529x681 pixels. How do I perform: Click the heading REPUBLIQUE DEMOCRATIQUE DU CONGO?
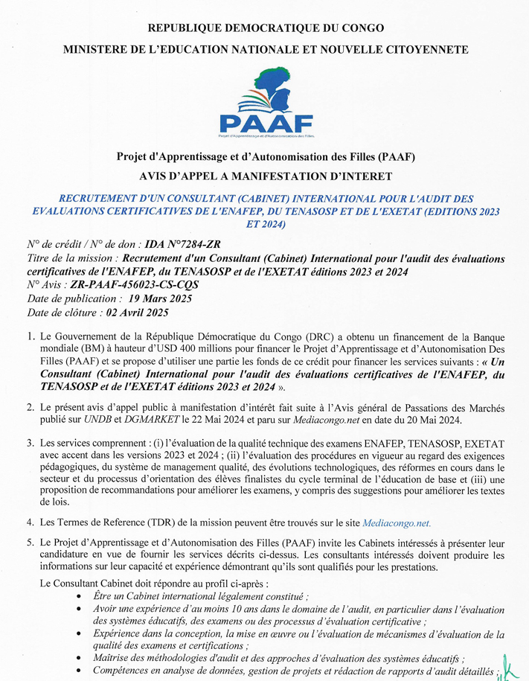[266, 28]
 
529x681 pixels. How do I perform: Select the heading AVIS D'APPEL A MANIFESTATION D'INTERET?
[266, 176]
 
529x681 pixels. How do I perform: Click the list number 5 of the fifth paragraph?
[31, 543]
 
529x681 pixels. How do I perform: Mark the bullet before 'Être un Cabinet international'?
[80, 596]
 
